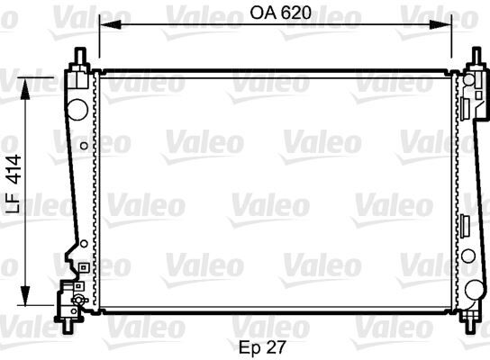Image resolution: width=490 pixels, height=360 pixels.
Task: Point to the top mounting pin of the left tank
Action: pos(79,55)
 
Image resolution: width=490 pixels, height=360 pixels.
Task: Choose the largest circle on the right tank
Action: pos(474,290)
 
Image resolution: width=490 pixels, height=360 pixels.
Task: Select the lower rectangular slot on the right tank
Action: pos(466,225)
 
